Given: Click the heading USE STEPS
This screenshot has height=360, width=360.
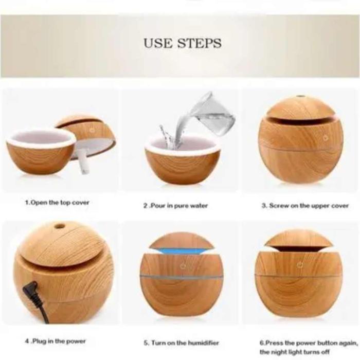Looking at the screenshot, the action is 183,43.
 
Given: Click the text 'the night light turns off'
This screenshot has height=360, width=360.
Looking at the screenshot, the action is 295,351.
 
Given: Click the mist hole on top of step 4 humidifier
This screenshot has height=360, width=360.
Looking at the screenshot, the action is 60,226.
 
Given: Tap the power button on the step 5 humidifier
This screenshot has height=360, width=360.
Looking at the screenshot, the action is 183,266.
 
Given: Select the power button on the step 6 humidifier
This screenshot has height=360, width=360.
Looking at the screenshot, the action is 300,265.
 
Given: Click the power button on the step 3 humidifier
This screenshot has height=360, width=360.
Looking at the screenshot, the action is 326,138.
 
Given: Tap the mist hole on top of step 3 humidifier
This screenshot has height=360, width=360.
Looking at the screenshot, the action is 299,97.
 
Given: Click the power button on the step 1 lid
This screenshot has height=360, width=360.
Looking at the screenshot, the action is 92,130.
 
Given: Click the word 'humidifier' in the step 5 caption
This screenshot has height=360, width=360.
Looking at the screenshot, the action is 203,343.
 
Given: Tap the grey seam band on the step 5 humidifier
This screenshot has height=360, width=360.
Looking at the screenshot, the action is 182,277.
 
